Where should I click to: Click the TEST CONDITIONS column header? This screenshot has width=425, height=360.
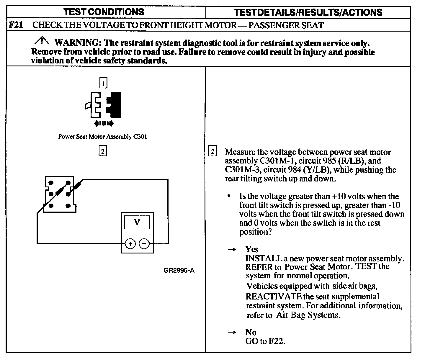pyautogui.click(x=104, y=12)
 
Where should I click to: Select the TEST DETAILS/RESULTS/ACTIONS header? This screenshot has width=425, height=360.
pyautogui.click(x=308, y=12)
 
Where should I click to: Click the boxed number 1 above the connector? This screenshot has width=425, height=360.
pyautogui.click(x=103, y=84)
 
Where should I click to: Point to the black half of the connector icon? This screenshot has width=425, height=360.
pyautogui.click(x=115, y=104)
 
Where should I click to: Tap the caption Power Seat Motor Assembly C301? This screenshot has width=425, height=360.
pyautogui.click(x=102, y=137)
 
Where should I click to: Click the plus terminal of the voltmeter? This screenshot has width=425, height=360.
pyautogui.click(x=130, y=244)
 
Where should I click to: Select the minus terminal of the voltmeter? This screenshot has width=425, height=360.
pyautogui.click(x=144, y=244)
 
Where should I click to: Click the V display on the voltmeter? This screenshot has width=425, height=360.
pyautogui.click(x=137, y=222)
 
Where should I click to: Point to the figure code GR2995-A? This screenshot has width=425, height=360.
pyautogui.click(x=179, y=270)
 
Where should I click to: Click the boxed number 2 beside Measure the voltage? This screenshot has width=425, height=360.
pyautogui.click(x=212, y=152)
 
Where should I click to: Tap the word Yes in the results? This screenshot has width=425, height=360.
pyautogui.click(x=252, y=250)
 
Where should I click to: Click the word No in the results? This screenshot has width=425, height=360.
pyautogui.click(x=251, y=333)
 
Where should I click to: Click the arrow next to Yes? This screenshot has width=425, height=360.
pyautogui.click(x=232, y=250)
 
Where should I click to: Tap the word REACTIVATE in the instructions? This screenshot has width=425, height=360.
pyautogui.click(x=274, y=296)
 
